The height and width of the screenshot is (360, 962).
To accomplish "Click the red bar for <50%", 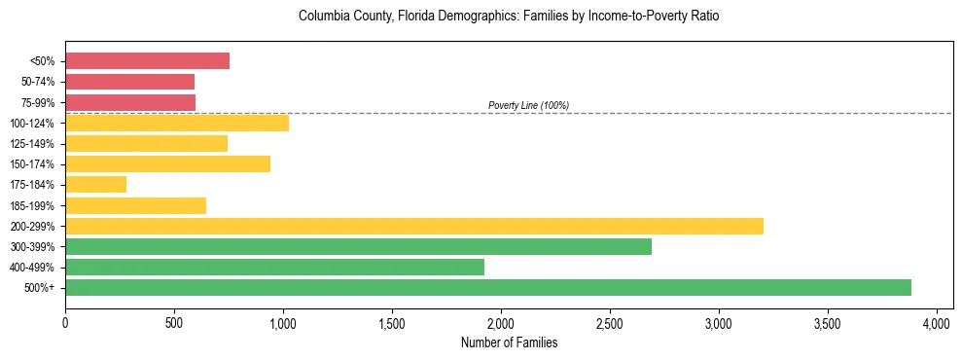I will pos(147,61).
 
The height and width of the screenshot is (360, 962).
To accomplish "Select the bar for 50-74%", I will pos(129,82).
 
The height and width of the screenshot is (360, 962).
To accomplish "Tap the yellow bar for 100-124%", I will pos(177,123).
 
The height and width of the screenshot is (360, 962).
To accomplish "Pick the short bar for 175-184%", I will pos(95,185).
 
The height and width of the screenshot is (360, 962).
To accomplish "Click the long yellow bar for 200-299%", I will pos(413,226).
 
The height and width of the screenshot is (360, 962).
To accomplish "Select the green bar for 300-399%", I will pos(358,246).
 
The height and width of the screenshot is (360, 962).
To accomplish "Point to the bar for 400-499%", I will pos(274,267).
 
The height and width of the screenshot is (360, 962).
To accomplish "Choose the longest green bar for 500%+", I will pos(487,287).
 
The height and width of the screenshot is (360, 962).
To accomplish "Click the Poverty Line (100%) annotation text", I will pos(528,105).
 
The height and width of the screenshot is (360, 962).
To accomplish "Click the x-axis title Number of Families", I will pos(509,342).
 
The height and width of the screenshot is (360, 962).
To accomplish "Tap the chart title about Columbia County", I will pos(509,17).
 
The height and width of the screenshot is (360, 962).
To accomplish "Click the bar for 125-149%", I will pos(146,143).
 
